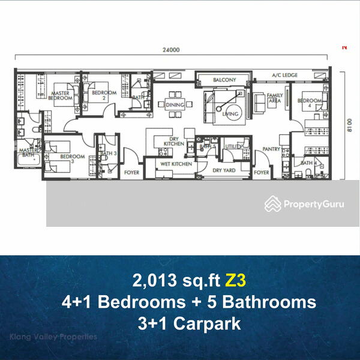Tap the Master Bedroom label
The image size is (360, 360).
pos(61,97)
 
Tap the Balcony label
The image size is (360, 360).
pos(223,80)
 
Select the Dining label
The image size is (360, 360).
pos(175,104)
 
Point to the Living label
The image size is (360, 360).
pos(230,113)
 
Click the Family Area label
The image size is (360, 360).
pos(275,99)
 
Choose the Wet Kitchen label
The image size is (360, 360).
pos(176,163)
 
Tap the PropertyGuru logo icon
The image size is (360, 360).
pos(273,204)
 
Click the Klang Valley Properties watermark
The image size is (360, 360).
pos(53,337)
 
